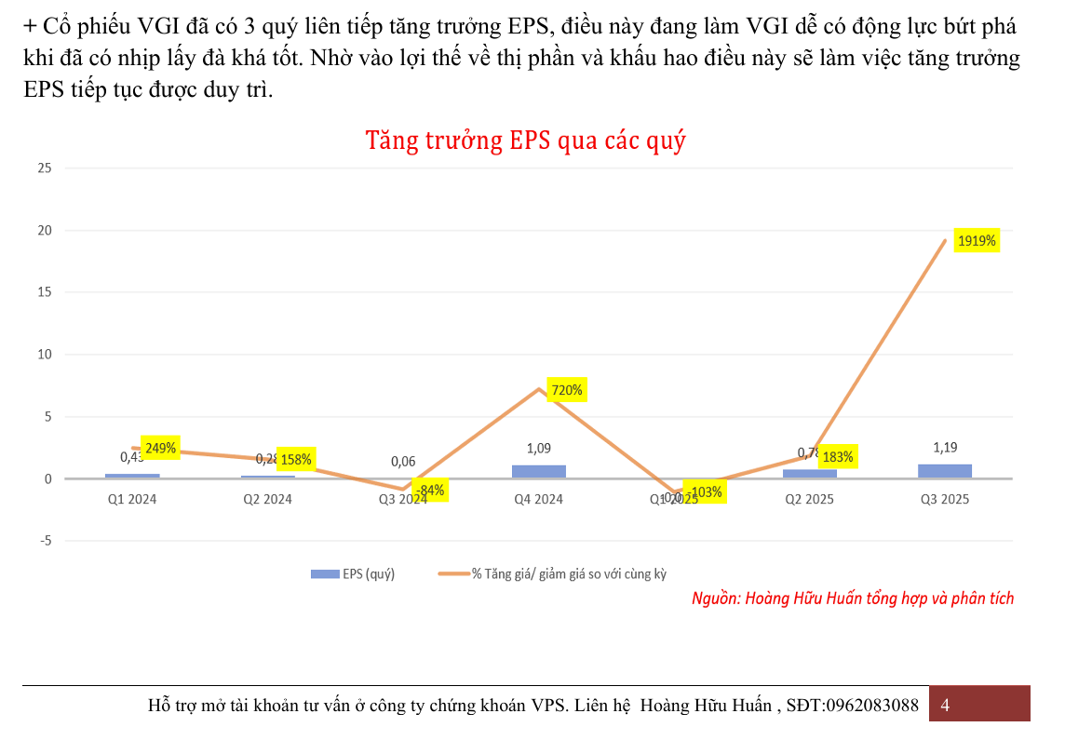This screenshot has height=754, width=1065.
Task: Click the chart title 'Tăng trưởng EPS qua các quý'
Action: pyautogui.click(x=525, y=141)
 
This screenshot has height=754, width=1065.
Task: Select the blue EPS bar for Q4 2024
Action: pyautogui.click(x=539, y=472)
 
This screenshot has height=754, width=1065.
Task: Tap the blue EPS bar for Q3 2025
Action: pyautogui.click(x=945, y=471)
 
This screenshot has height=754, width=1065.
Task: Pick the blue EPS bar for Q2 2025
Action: pyautogui.click(x=810, y=474)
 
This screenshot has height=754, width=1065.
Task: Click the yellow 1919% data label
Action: pyautogui.click(x=977, y=241)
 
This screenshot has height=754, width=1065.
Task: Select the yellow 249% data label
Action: pyautogui.click(x=160, y=449)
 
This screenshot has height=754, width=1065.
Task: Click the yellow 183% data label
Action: pyautogui.click(x=838, y=457)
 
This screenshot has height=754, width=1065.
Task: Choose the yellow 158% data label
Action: pyautogui.click(x=296, y=459)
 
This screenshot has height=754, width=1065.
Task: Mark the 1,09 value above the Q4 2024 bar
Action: pyautogui.click(x=539, y=449)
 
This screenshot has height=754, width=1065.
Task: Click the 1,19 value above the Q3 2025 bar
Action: pyautogui.click(x=945, y=447)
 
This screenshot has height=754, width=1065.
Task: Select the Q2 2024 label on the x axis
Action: pyautogui.click(x=268, y=499)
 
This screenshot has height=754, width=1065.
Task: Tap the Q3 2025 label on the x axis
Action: pyautogui.click(x=945, y=499)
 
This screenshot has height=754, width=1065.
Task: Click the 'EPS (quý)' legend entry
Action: pyautogui.click(x=354, y=574)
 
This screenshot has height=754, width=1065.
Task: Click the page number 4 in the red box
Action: pyautogui.click(x=946, y=705)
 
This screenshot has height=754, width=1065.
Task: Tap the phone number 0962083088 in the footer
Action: pyautogui.click(x=871, y=705)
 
